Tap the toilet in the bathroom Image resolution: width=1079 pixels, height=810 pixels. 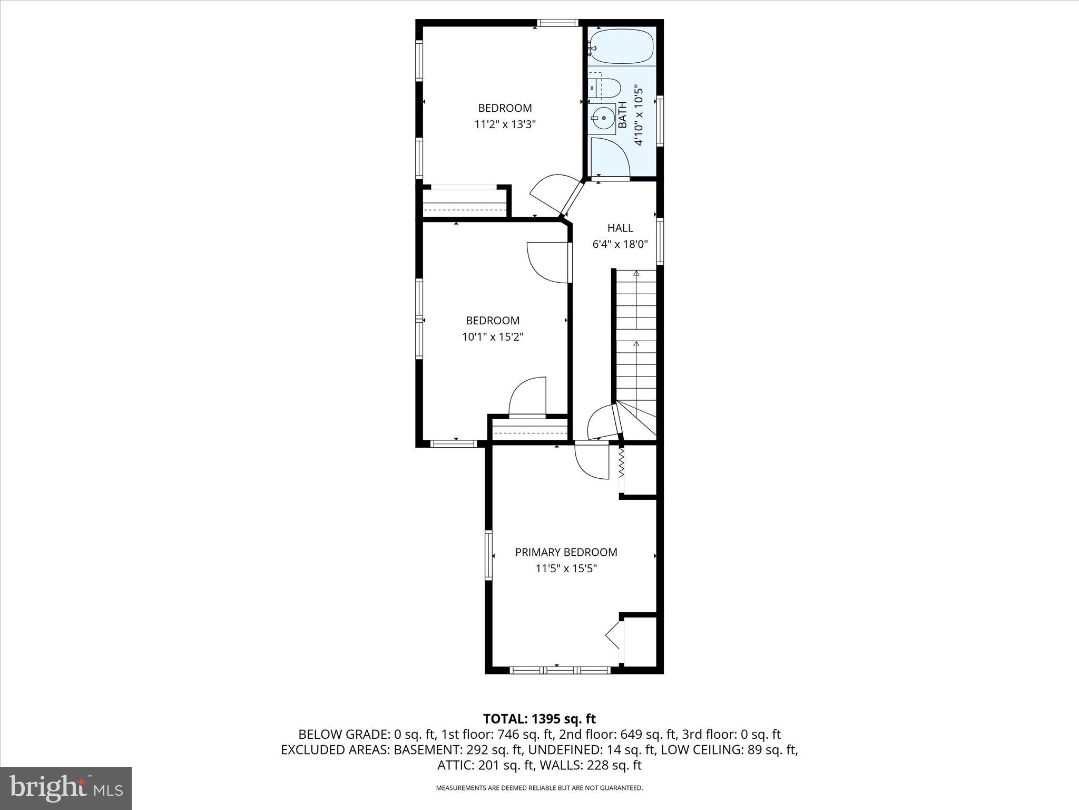pyautogui.click(x=609, y=88)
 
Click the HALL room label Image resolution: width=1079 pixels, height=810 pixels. pyautogui.click(x=620, y=228)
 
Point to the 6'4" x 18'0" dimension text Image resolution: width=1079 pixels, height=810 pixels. pyautogui.click(x=620, y=245)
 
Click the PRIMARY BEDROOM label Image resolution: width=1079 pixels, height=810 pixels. pyautogui.click(x=566, y=552)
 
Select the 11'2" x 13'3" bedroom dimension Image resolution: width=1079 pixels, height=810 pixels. pyautogui.click(x=505, y=125)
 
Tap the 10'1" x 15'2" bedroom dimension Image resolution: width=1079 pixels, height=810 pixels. pyautogui.click(x=493, y=337)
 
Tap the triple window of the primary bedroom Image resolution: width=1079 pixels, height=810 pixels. pyautogui.click(x=560, y=670)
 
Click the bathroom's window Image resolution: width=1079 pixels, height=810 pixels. pyautogui.click(x=659, y=121)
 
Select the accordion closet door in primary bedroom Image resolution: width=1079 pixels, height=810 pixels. pyautogui.click(x=621, y=462)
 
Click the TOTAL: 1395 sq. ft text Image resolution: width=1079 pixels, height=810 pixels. pyautogui.click(x=539, y=719)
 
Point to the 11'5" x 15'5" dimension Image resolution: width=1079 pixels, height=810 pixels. pyautogui.click(x=566, y=569)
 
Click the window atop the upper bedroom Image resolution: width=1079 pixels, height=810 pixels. pyautogui.click(x=558, y=23)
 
